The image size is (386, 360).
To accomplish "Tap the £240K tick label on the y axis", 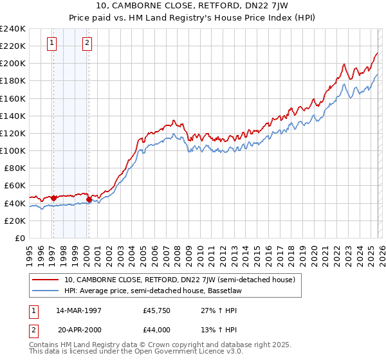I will [13, 29].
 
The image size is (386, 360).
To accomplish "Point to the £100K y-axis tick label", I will [13, 150].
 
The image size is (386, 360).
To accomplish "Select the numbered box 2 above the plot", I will [87, 44].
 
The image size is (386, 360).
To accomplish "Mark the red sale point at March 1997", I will [53, 198].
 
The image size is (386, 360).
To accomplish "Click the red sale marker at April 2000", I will [89, 200].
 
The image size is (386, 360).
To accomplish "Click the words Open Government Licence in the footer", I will [181, 352].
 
